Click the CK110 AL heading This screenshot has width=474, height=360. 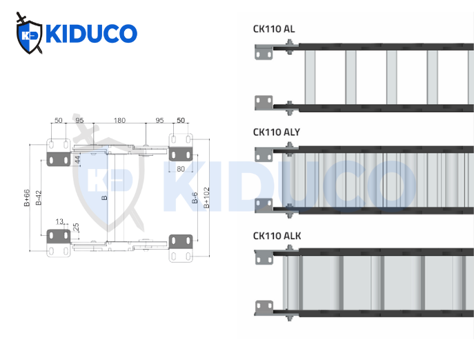[x=274, y=29]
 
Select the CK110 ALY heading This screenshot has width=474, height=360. [x=276, y=132]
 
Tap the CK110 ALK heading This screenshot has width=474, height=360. [x=277, y=236]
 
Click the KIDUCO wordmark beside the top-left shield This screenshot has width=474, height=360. [x=90, y=34]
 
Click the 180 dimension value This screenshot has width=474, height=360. [x=119, y=121]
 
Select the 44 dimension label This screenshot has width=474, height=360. [x=78, y=159]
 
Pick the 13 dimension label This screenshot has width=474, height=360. [x=59, y=221]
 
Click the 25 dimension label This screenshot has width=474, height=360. [x=76, y=226]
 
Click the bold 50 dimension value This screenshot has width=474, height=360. [x=181, y=121]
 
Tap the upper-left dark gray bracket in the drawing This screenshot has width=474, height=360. [x=58, y=160]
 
